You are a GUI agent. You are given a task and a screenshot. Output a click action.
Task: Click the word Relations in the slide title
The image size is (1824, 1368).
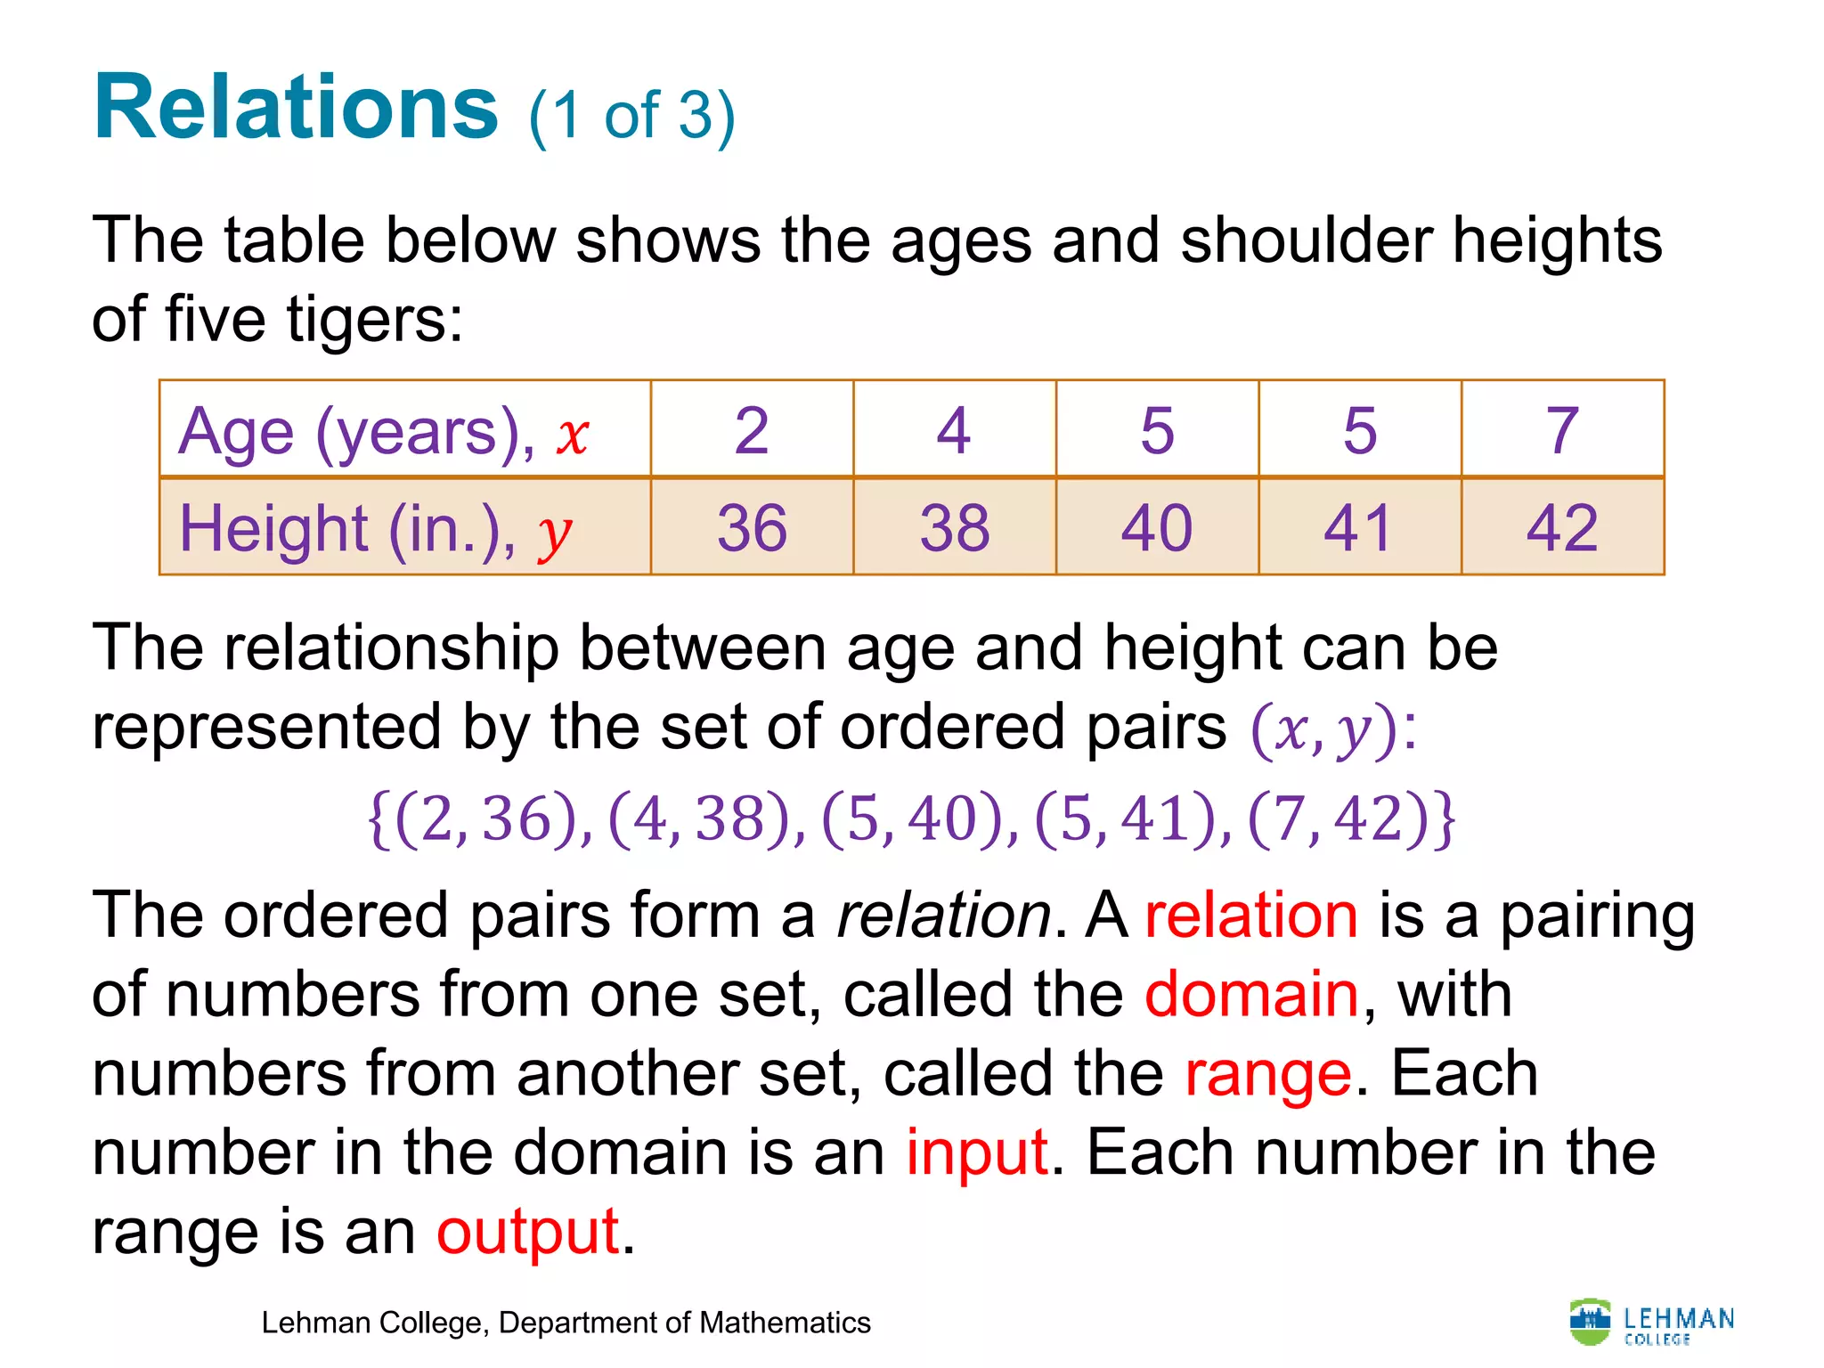click(296, 109)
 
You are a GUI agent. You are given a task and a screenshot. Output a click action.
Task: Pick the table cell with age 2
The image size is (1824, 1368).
click(752, 431)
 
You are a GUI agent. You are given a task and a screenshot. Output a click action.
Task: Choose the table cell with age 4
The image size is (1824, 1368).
click(954, 431)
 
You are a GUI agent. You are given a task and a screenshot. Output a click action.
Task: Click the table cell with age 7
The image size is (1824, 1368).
click(1562, 431)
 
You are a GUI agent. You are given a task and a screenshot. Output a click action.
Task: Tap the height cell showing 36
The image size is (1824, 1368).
click(752, 528)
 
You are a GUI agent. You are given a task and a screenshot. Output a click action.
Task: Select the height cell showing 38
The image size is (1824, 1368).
click(954, 528)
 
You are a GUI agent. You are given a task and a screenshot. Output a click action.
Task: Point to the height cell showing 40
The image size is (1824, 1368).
click(1156, 528)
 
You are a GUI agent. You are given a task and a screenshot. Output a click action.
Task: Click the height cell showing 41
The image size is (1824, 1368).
click(1359, 528)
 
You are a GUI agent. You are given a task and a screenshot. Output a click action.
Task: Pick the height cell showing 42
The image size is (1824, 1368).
click(1562, 528)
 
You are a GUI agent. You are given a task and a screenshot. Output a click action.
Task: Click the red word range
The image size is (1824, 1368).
click(1268, 1074)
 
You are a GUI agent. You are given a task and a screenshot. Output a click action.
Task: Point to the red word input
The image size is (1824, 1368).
click(977, 1153)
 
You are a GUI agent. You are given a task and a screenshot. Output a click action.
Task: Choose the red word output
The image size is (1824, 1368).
click(527, 1233)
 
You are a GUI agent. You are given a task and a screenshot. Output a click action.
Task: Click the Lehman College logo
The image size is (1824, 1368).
click(1651, 1323)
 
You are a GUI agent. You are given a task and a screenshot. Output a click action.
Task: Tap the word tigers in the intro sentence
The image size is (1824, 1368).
click(374, 321)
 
